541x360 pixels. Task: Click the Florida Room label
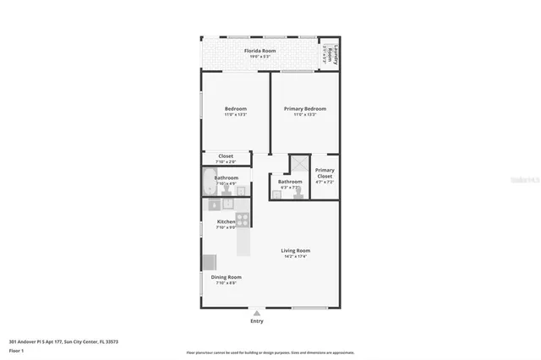tap(260, 52)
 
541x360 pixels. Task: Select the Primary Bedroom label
tap(304, 109)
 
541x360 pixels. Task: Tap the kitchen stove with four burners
tap(243, 220)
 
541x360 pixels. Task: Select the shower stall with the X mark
tap(298, 165)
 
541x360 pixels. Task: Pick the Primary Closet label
tap(325, 173)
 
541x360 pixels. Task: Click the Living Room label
tap(296, 250)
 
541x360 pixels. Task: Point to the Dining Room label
tap(226, 277)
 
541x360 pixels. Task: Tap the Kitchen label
tap(226, 221)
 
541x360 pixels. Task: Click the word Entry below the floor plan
tap(257, 322)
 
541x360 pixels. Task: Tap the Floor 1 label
tap(17, 350)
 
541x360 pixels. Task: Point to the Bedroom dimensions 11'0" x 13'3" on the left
tap(235, 115)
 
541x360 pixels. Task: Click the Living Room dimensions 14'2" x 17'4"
tap(296, 256)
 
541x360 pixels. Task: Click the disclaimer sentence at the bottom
tap(270, 352)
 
